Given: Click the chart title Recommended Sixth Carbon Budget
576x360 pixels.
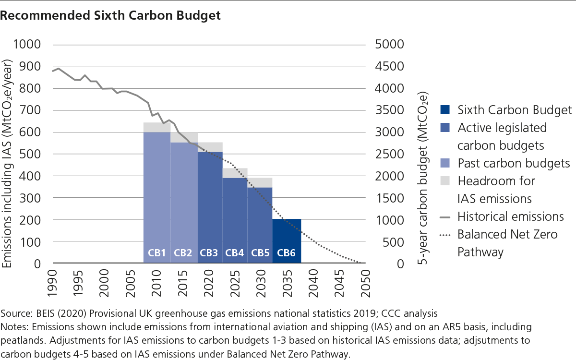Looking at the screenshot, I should tap(110, 15).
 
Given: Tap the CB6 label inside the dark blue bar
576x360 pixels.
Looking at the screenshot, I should tap(287, 253).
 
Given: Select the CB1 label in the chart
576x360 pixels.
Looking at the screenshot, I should tap(156, 253).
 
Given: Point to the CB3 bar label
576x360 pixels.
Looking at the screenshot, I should tap(209, 253).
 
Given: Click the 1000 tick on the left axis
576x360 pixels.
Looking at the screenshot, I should tap(26, 44).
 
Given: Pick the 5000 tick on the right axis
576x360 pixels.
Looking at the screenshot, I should tap(391, 44).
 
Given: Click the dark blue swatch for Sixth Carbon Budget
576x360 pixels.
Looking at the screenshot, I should tap(445, 110).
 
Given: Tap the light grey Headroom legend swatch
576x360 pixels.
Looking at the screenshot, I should tap(445, 181).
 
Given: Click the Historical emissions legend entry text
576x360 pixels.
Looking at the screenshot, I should tap(510, 216).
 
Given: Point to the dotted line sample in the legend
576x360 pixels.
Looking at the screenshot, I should tap(445, 235).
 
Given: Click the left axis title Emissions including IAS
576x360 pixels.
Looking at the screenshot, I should tap(8, 163).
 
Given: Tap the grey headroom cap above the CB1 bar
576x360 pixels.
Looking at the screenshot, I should tap(157, 127).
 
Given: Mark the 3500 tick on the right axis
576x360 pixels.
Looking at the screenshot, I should tap(391, 110).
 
